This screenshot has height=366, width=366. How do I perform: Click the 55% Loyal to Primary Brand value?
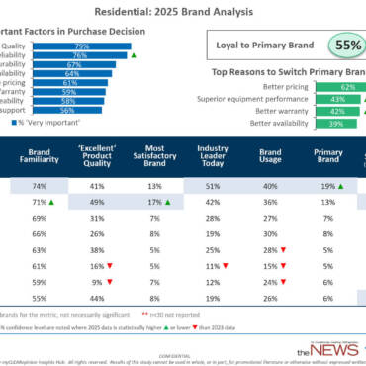[x=344, y=46]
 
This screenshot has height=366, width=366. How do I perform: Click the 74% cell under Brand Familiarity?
[x=38, y=185]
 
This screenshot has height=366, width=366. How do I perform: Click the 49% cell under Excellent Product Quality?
[x=94, y=201]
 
